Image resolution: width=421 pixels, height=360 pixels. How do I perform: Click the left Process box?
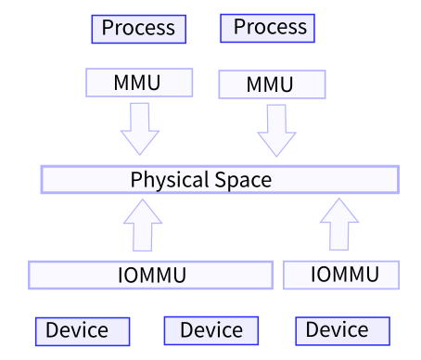138,29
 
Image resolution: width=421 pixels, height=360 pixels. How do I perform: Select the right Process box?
268,28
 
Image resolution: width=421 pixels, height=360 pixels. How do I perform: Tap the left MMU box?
138,83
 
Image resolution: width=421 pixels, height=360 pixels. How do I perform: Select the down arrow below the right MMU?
275,129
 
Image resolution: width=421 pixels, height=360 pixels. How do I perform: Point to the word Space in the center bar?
244,179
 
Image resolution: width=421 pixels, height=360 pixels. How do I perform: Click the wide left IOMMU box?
150,276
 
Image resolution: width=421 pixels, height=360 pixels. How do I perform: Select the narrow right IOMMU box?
341,275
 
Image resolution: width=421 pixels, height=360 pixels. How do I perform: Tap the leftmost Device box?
82,330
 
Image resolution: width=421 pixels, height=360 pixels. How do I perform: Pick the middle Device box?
210,330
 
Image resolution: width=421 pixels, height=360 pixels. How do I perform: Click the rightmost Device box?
341,330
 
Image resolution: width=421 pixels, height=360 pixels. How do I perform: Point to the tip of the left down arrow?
140,154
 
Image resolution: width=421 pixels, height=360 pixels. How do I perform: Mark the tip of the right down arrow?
275,156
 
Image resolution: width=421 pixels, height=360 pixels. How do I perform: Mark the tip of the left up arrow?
143,199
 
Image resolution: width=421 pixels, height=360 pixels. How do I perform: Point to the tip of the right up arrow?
339,198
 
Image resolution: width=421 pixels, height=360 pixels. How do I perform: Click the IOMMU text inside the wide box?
152,276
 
